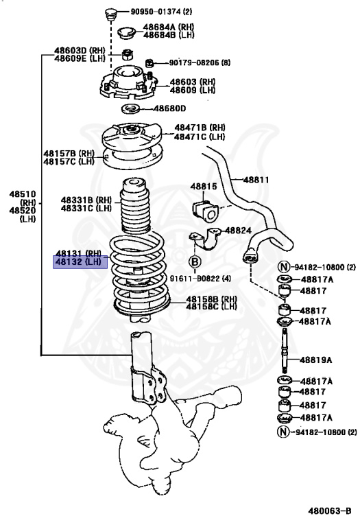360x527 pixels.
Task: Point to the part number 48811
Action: [x=255, y=180]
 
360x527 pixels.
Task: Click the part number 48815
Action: [x=203, y=187]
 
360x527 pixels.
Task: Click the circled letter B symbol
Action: [x=194, y=261]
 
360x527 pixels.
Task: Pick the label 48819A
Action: [x=316, y=360]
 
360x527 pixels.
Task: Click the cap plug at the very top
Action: [x=108, y=13]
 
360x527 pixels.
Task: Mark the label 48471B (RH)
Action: [x=199, y=128]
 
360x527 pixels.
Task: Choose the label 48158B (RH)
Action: [x=211, y=299]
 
